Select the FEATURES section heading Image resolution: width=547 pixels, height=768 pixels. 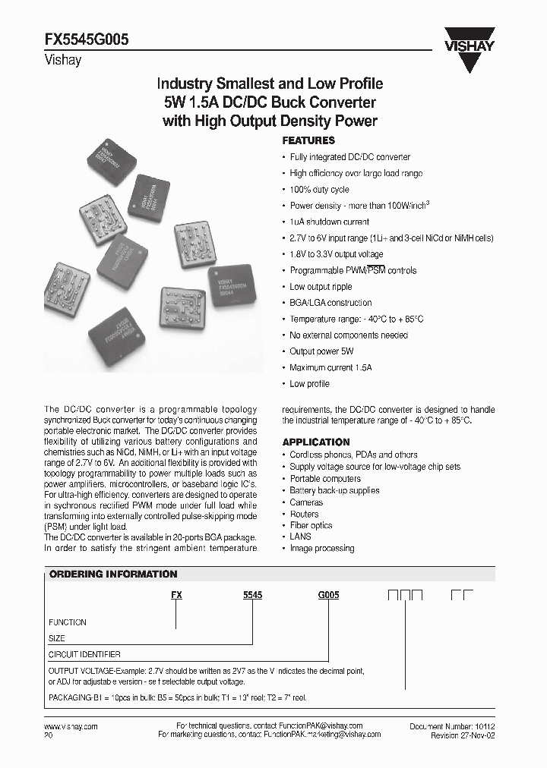(308, 140)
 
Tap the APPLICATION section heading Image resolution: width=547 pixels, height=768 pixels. (316, 442)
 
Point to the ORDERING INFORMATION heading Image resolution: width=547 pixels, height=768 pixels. (113, 574)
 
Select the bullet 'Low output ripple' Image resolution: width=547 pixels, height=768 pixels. (321, 287)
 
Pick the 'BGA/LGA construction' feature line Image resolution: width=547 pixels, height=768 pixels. (330, 303)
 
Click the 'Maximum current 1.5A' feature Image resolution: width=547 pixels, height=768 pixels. (330, 367)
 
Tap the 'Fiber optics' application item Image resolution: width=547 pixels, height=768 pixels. (311, 525)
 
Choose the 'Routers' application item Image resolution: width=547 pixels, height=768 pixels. (304, 514)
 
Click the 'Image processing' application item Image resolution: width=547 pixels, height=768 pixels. (321, 548)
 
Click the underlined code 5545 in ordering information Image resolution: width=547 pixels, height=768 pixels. (252, 596)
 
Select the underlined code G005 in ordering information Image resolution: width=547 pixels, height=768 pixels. (328, 596)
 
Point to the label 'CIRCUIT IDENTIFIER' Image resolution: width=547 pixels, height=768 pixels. (84, 654)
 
